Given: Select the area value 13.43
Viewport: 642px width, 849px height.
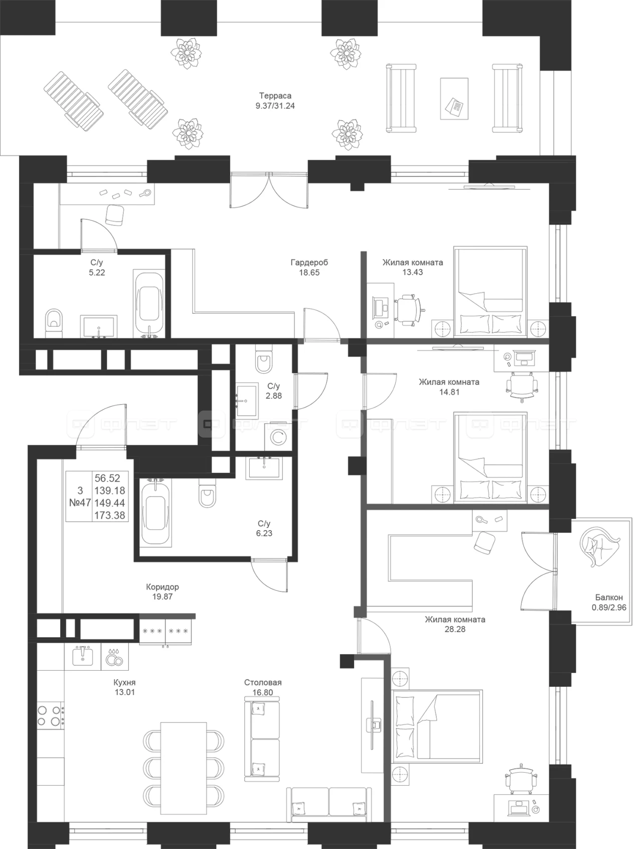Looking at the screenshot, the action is [x=412, y=273].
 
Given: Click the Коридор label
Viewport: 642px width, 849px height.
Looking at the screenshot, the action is [x=163, y=586].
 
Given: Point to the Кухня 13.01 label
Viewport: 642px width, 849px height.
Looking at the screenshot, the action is [x=124, y=687].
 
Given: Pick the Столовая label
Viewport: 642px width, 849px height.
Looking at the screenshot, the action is [x=263, y=682].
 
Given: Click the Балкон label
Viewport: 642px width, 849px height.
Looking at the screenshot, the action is [x=609, y=597].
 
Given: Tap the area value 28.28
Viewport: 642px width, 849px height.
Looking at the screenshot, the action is [x=455, y=629].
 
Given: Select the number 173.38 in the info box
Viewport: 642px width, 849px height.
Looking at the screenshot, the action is [x=110, y=515].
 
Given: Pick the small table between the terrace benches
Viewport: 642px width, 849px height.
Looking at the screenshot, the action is [x=454, y=98].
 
